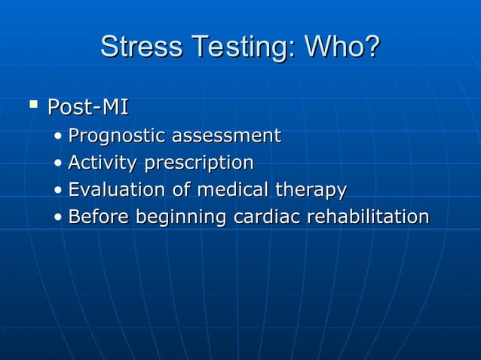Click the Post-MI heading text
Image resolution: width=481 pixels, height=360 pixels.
87,108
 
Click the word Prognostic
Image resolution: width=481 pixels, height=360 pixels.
117,136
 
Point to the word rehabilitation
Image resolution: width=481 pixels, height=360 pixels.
368,217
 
